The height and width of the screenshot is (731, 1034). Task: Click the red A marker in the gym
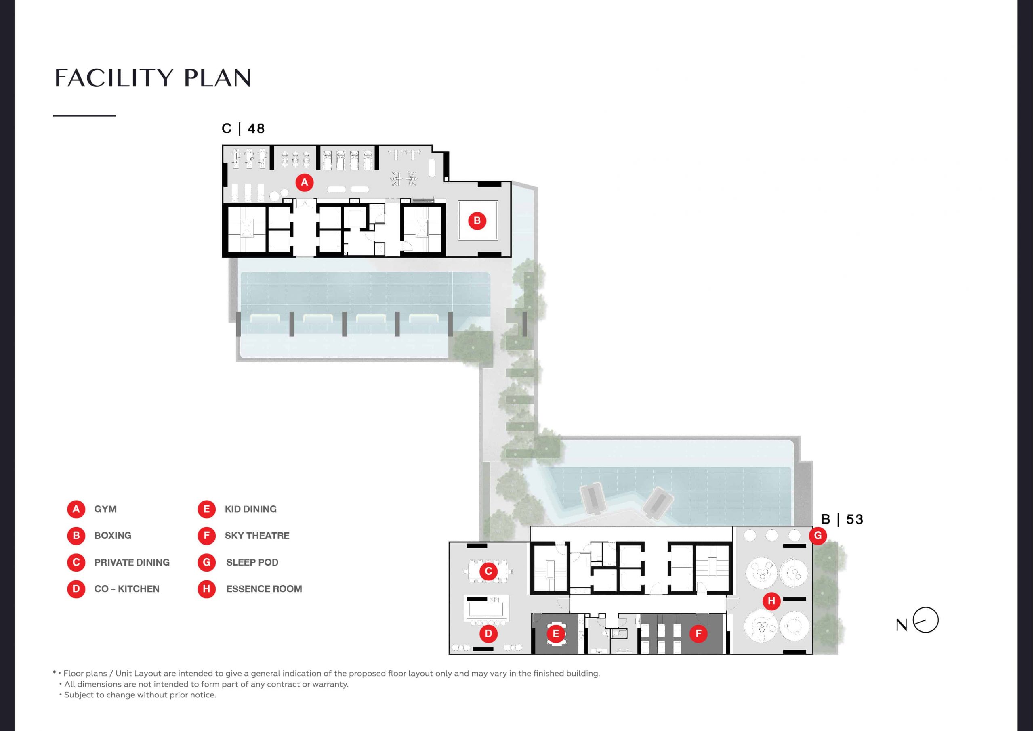click(x=305, y=182)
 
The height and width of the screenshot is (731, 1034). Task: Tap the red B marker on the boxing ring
click(x=477, y=220)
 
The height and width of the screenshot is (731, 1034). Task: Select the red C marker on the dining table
click(x=488, y=572)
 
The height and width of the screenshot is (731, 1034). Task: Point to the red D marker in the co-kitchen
click(x=488, y=634)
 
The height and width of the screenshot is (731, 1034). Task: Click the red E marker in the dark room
click(x=556, y=634)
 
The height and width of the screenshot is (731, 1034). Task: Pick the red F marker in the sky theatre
click(x=698, y=634)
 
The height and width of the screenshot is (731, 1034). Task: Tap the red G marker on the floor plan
click(x=818, y=536)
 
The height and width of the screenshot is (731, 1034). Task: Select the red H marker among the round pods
click(x=771, y=601)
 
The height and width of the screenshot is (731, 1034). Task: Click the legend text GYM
click(x=105, y=509)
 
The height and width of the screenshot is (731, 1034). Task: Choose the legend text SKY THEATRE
click(x=257, y=536)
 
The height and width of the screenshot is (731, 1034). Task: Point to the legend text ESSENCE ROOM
click(x=264, y=589)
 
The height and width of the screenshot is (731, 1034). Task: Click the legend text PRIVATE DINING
click(x=132, y=562)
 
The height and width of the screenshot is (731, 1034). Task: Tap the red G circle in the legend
click(x=207, y=562)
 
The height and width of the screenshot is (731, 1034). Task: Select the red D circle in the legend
click(x=76, y=589)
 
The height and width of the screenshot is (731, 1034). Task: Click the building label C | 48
click(x=243, y=129)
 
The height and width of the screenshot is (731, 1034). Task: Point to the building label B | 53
click(x=842, y=519)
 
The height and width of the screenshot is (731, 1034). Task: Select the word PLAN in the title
click(x=217, y=78)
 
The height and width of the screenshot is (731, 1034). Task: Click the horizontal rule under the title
click(x=84, y=116)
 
